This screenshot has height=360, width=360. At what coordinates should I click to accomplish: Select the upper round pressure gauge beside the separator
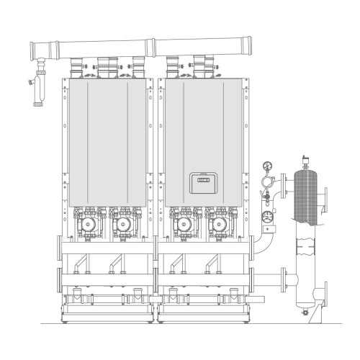268,164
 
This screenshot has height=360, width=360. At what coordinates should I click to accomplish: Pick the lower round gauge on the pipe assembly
268,215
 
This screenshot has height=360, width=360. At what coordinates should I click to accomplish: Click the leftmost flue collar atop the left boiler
76,71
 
